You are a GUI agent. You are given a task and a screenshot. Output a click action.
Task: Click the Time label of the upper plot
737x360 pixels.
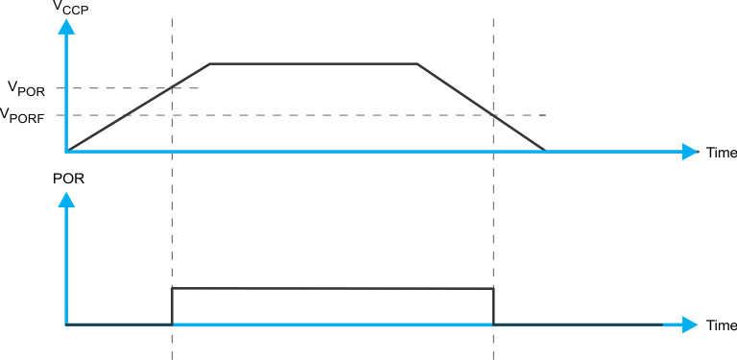(x=721, y=153)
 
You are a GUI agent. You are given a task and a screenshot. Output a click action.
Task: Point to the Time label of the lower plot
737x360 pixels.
(x=721, y=325)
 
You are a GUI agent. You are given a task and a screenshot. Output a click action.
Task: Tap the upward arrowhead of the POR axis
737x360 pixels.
(x=66, y=200)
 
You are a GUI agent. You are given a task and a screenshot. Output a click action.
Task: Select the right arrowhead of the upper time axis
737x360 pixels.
(x=690, y=152)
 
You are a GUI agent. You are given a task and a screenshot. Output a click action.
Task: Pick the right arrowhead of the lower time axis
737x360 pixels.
(x=690, y=324)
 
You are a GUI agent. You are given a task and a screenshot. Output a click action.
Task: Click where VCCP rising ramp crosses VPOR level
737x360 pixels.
(x=172, y=88)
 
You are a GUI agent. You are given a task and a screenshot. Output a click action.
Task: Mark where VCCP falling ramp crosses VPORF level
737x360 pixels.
(x=493, y=115)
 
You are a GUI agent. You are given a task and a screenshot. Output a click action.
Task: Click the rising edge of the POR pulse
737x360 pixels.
(x=172, y=306)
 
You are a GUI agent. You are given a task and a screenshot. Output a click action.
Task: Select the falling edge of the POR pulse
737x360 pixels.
(x=493, y=306)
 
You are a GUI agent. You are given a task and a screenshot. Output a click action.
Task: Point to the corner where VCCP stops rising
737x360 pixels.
(x=210, y=64)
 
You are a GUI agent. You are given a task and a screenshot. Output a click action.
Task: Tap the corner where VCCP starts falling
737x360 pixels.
(x=417, y=64)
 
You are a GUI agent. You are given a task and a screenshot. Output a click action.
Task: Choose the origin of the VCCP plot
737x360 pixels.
(x=66, y=151)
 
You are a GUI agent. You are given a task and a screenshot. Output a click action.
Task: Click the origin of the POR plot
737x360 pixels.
(x=66, y=324)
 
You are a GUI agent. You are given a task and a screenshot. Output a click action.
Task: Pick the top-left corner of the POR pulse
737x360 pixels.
(x=172, y=288)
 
